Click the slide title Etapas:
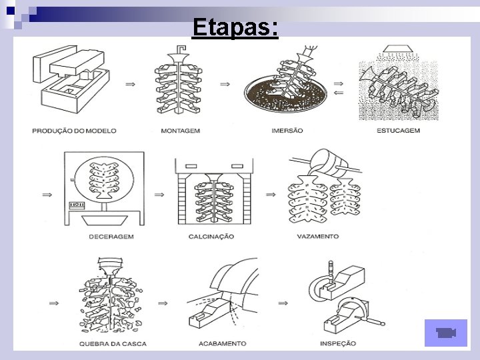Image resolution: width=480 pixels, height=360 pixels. tap(235, 28)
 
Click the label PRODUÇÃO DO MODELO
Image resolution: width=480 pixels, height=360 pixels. tap(74, 131)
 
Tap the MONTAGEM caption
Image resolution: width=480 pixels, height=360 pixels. tap(180, 131)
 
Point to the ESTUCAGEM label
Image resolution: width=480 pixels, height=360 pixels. tap(398, 131)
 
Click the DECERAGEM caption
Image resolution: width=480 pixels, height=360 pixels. tap(111, 236)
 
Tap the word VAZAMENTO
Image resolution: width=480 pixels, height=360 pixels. tap(317, 236)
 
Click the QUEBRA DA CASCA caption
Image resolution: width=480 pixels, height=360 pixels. tap(113, 344)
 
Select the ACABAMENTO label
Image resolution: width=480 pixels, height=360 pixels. tap(222, 344)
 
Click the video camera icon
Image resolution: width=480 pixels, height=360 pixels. tap(445, 333)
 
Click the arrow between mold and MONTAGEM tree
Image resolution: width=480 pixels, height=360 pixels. tap(131, 84)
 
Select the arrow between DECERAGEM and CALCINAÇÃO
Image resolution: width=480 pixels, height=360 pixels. tap(159, 195)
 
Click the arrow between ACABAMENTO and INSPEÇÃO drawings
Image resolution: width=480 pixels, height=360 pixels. tap(283, 301)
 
